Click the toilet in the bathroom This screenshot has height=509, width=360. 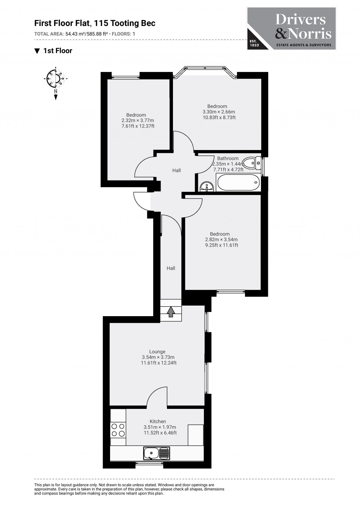(x=252, y=163)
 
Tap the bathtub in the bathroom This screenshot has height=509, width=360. (x=238, y=182)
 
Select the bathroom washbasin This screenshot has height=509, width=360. (x=206, y=187)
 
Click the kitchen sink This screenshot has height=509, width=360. (x=156, y=453)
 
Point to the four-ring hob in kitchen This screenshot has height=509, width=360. (x=118, y=429)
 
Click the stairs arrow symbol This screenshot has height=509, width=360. (x=171, y=311)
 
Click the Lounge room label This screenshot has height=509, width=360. (x=157, y=352)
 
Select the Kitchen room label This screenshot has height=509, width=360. (x=158, y=421)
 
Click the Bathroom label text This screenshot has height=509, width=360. (x=228, y=158)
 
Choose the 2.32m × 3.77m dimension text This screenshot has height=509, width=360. (x=135, y=120)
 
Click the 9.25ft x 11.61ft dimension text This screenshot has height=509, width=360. (x=221, y=245)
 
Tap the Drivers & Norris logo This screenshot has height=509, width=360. (x=291, y=28)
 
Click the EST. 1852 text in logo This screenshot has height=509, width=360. (x=254, y=43)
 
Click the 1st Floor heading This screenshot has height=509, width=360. (x=57, y=51)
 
